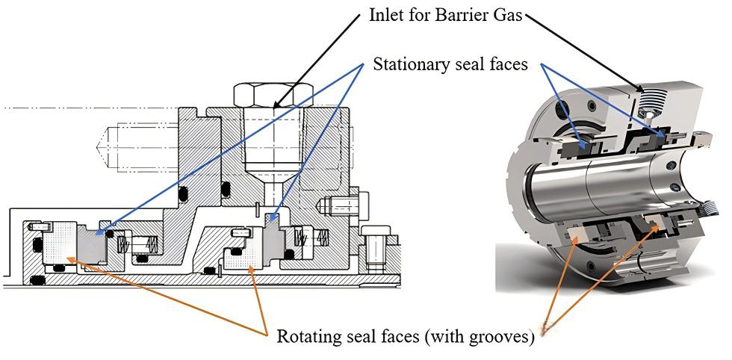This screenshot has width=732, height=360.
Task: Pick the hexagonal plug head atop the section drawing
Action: (273, 95)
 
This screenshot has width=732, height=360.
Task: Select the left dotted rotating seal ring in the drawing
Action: (59, 243)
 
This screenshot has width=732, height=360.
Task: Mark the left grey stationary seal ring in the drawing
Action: (93, 243)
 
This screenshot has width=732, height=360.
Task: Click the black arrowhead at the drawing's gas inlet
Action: (276, 105)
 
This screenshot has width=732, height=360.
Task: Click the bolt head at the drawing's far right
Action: (375, 231)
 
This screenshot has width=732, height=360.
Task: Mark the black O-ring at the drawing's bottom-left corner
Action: (37, 280)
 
